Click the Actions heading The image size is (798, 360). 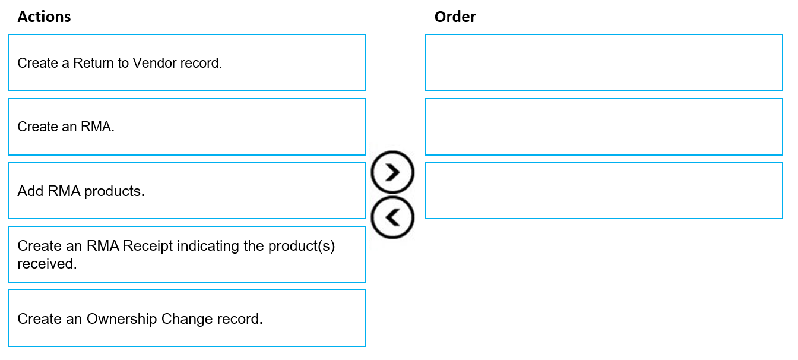point(44,17)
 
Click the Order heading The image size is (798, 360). point(455,17)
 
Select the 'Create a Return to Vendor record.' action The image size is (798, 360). point(186,63)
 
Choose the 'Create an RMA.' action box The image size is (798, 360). point(186,127)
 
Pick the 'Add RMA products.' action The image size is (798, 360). point(186,190)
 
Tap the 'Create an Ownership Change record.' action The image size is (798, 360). point(186,318)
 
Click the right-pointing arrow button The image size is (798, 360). point(392,172)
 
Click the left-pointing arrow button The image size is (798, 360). point(392,217)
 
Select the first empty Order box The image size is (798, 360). point(604,63)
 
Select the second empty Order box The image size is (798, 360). point(604,127)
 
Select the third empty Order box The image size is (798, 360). point(604,190)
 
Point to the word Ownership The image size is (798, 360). point(122,318)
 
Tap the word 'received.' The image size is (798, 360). point(47,264)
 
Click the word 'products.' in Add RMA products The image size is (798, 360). point(115,191)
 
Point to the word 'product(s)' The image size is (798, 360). point(302,246)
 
